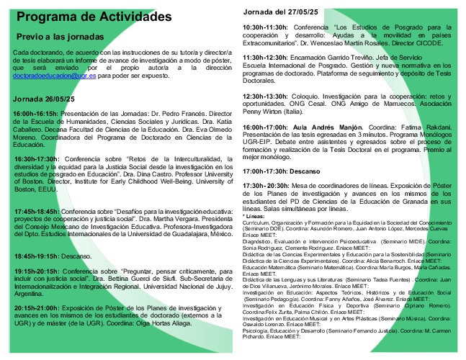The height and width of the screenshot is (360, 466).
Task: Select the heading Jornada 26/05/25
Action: point(44,99)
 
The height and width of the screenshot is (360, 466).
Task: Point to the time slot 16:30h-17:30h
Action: point(37,158)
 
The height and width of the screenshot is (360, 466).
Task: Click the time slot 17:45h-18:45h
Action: point(37,211)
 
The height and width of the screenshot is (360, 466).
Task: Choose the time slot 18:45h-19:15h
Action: point(37,256)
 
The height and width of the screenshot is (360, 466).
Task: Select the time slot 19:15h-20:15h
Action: point(37,271)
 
